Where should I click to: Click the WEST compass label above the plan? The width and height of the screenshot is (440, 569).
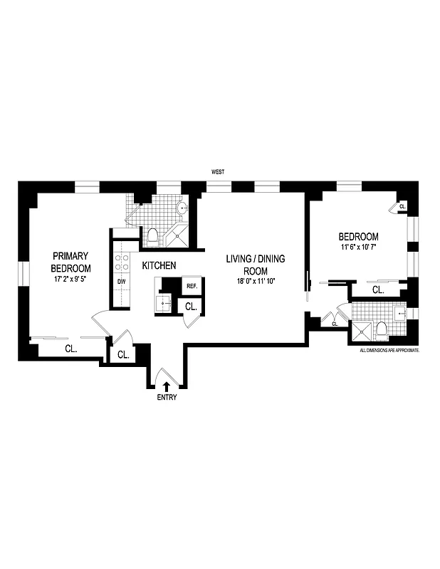(x=220, y=172)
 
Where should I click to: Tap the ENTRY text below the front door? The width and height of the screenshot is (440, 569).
(x=167, y=398)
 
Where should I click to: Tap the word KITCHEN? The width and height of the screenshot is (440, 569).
(x=159, y=265)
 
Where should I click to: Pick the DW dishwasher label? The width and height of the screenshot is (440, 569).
(x=121, y=282)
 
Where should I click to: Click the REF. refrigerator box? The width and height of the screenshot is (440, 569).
(x=191, y=286)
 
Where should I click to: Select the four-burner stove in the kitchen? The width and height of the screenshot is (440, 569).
(x=122, y=262)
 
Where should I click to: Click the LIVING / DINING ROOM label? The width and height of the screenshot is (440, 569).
(x=255, y=265)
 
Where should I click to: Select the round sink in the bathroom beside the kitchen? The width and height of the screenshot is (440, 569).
(x=182, y=209)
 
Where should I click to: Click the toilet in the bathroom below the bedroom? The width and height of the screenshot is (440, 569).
(x=381, y=329)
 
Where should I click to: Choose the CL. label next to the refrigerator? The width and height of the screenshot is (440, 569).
(x=191, y=307)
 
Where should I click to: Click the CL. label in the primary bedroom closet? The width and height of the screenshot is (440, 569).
(x=70, y=349)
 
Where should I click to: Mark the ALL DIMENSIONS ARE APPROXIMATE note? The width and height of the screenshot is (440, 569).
(x=389, y=351)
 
